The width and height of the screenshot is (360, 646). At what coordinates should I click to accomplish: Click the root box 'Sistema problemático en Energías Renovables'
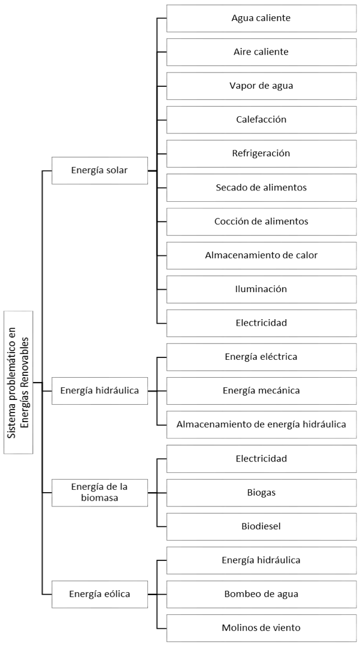click(19, 383)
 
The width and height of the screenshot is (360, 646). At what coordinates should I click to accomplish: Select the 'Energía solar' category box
click(99, 170)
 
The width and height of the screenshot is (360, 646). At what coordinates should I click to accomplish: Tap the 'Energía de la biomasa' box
click(99, 492)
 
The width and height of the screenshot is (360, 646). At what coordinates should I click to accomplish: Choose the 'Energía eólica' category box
click(99, 594)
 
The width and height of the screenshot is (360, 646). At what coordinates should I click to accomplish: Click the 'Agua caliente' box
click(261, 18)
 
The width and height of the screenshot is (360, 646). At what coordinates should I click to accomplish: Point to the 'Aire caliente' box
click(261, 52)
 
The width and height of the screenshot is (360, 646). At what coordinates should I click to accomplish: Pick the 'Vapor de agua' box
click(261, 86)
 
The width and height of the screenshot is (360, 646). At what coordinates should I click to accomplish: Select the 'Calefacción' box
click(261, 120)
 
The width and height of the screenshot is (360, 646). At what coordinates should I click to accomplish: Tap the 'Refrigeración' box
click(261, 153)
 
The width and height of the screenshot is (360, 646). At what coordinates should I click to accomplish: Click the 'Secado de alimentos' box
click(261, 187)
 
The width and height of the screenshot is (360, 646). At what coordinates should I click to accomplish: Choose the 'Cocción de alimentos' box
click(261, 222)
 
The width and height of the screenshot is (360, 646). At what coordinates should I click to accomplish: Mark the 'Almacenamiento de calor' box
click(261, 255)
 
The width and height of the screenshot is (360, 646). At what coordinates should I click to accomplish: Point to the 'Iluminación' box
click(261, 289)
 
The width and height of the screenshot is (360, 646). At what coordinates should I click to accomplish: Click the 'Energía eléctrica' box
click(261, 357)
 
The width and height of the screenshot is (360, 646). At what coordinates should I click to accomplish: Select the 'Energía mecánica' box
click(261, 390)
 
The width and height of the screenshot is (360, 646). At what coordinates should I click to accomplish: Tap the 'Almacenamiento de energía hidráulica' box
click(261, 424)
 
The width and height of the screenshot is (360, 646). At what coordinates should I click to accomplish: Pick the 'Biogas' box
click(261, 492)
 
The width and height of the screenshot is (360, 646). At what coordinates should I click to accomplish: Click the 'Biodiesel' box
click(261, 526)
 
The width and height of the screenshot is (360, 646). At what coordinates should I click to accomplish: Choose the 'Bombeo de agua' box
click(261, 594)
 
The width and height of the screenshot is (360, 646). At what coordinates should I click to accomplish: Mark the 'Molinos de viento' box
click(261, 628)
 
